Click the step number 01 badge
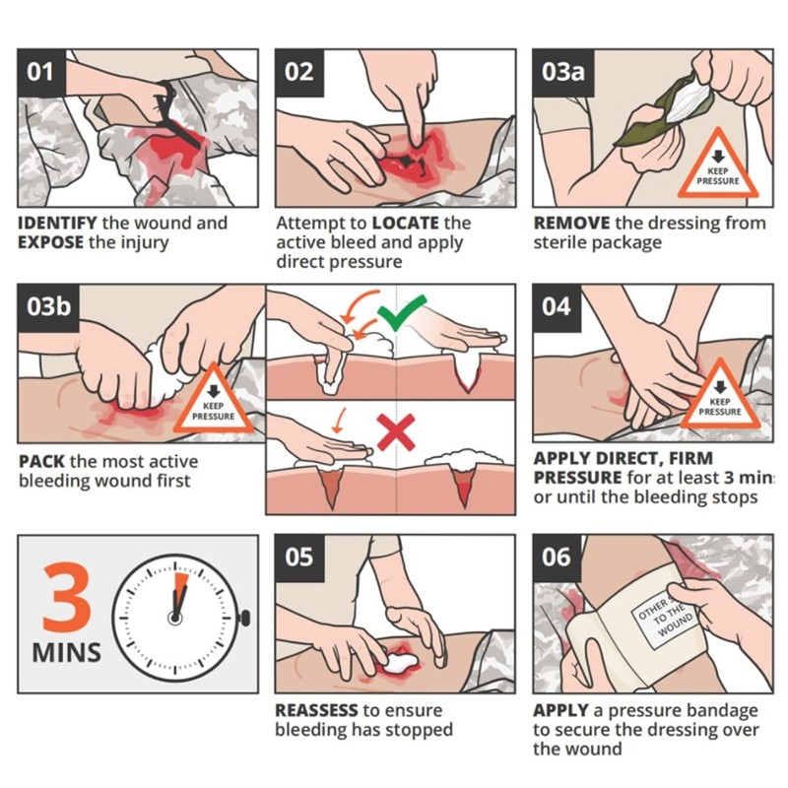click(x=41, y=72)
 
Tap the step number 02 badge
click(x=299, y=72)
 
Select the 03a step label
click(x=562, y=72)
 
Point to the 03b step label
click(x=48, y=307)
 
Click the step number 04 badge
click(x=557, y=307)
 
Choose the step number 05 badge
click(x=299, y=558)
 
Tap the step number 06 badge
click(x=557, y=558)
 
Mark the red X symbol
click(x=396, y=432)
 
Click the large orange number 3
click(x=67, y=598)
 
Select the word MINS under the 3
click(x=66, y=653)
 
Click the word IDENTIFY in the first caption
click(x=57, y=223)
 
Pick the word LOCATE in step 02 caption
click(x=406, y=223)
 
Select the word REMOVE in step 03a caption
click(x=572, y=223)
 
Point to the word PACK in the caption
click(x=41, y=461)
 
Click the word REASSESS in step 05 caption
click(x=316, y=710)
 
